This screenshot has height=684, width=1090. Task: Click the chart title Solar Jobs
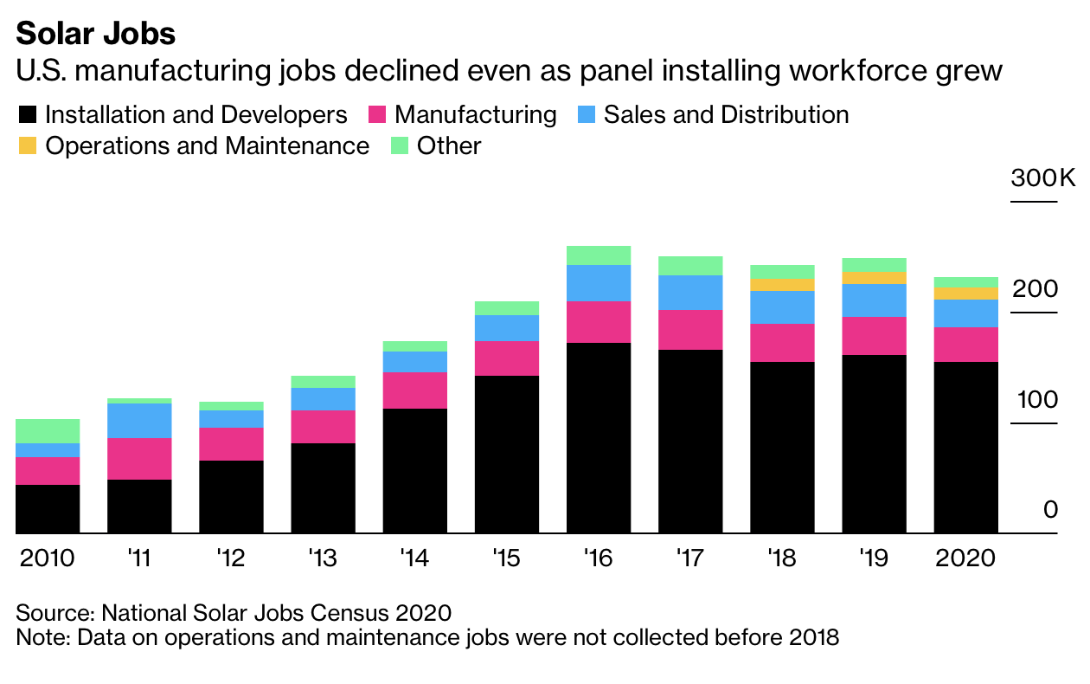point(95,33)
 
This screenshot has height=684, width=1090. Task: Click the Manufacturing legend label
point(476,115)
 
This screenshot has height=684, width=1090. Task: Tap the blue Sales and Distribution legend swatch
point(586,115)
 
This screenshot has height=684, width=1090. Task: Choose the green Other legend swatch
point(399,145)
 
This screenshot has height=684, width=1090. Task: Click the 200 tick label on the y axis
point(1036,289)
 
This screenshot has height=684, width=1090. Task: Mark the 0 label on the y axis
point(1050,510)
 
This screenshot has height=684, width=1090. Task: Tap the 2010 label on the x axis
point(47,558)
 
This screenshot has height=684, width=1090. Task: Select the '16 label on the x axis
point(598,558)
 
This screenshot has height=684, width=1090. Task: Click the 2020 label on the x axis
point(965,558)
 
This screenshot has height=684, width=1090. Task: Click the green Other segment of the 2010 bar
point(48,431)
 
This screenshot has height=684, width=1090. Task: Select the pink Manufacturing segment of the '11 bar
point(139,459)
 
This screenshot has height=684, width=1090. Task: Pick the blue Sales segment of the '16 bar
point(599,283)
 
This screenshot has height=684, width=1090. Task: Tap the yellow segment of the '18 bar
point(782,285)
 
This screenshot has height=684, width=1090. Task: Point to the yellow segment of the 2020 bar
point(965,294)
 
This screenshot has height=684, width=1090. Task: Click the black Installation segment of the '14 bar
point(415,471)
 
